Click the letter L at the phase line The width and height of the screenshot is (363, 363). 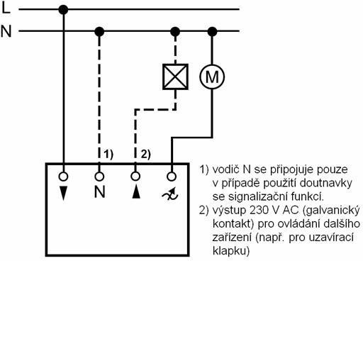coord(6,8)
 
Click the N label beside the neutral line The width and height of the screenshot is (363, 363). coord(6,31)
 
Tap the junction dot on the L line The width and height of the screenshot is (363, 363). coord(63,10)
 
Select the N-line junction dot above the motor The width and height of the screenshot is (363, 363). coord(212,31)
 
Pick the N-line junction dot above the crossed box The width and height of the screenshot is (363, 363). coord(175,31)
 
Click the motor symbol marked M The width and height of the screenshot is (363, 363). coord(212,77)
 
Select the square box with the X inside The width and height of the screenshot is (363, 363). coord(175,77)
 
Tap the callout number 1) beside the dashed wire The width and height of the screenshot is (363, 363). coord(108,155)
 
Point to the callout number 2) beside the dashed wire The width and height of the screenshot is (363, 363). coord(146,155)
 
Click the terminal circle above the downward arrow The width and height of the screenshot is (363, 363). coord(63,177)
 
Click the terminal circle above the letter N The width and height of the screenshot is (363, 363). coord(99,177)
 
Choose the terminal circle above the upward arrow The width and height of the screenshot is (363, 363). coord(135,176)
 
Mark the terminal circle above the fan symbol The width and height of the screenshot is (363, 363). coord(172,177)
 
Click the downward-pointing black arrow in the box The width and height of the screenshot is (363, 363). coord(63,193)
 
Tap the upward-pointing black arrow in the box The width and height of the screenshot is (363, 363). coord(136,191)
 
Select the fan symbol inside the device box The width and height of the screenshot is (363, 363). coord(170,194)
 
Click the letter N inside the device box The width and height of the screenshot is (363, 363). coord(99,191)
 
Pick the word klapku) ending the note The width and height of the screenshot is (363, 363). coord(231,251)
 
